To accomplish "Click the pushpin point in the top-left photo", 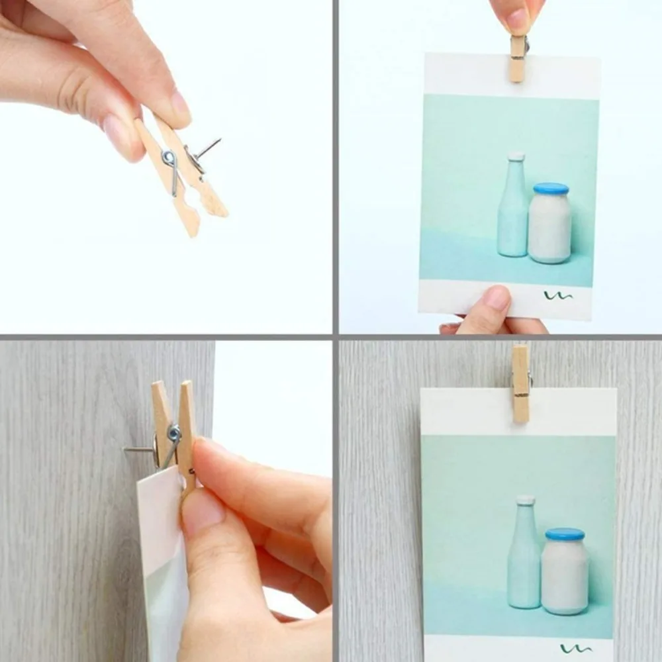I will point(218,140).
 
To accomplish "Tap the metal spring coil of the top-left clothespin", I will point(169,159).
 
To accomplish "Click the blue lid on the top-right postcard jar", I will point(551,189).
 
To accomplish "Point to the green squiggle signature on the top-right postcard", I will point(558,295).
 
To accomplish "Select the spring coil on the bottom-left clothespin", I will point(173,434).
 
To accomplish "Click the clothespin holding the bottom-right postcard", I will point(520,384).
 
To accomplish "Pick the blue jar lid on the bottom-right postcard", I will point(565,534).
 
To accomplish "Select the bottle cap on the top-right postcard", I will point(516,156).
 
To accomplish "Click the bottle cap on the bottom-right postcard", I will point(526,500).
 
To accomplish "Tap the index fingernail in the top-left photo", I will point(180,105).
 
